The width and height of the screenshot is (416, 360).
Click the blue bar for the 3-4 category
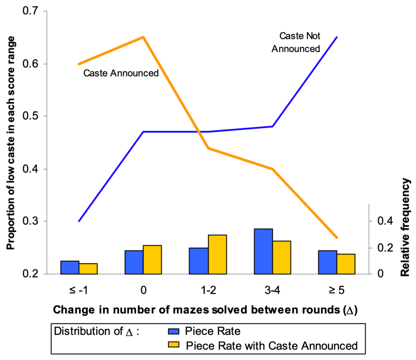(x=263, y=252)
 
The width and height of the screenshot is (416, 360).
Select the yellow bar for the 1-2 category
(x=217, y=254)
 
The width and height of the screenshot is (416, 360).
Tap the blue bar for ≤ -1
(x=69, y=267)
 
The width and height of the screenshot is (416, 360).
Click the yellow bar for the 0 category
(x=153, y=260)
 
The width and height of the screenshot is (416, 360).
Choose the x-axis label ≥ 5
(x=337, y=290)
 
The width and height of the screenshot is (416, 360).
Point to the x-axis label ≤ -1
(x=79, y=290)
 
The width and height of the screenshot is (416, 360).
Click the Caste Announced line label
(x=121, y=74)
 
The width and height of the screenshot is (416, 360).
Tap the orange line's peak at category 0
(x=143, y=37)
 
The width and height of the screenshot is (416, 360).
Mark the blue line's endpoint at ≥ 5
(x=337, y=37)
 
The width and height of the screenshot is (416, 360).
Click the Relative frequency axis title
(x=405, y=228)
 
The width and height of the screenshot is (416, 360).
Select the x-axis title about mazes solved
(x=205, y=310)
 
